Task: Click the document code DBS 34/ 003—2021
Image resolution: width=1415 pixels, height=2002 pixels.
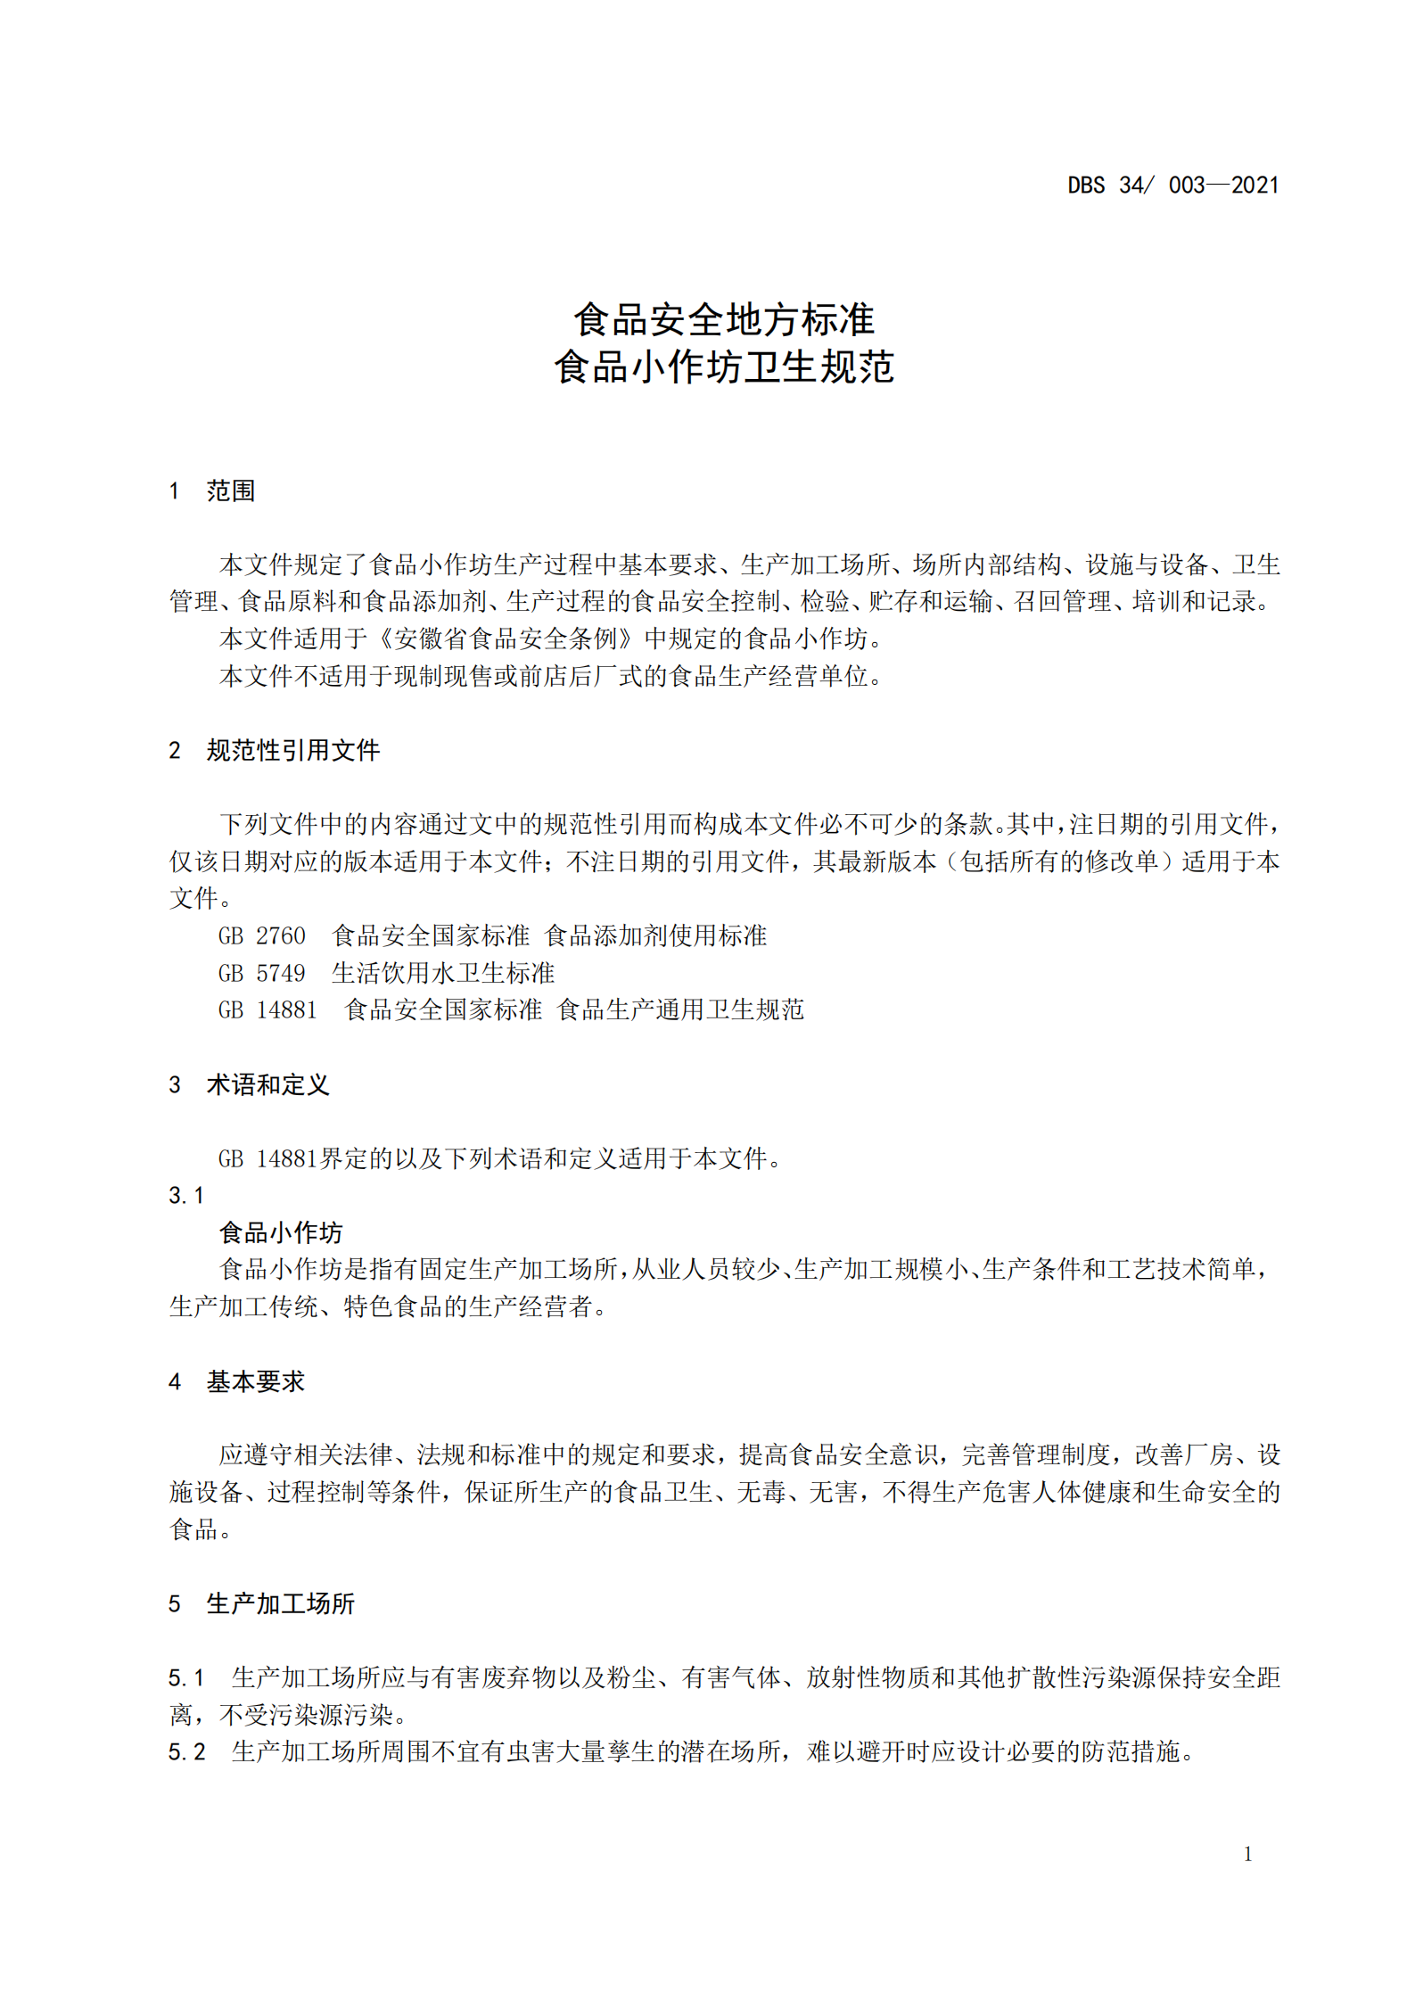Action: click(x=1172, y=185)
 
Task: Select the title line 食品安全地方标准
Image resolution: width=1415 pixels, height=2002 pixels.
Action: click(x=723, y=319)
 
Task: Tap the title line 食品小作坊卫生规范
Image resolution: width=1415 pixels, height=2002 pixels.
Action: click(x=723, y=367)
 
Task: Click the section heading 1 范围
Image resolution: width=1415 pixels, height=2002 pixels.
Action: click(x=212, y=490)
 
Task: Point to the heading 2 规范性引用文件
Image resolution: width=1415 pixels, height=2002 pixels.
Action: click(x=275, y=750)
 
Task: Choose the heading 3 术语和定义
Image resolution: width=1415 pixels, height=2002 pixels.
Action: click(x=249, y=1084)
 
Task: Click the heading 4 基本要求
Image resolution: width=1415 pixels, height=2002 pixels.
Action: click(x=236, y=1381)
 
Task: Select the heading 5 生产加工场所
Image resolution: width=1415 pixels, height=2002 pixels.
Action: click(x=261, y=1603)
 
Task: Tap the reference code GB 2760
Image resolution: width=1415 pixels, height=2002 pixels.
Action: click(x=261, y=935)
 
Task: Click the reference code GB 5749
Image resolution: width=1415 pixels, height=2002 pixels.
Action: click(x=261, y=973)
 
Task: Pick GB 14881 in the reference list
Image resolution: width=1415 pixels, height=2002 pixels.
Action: click(x=267, y=1009)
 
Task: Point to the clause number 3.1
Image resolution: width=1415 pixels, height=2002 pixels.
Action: click(x=185, y=1195)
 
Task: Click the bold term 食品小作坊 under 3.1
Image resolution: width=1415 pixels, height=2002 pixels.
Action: click(x=281, y=1232)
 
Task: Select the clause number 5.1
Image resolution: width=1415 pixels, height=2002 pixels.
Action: click(x=186, y=1677)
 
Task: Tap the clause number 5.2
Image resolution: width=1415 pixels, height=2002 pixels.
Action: click(x=186, y=1751)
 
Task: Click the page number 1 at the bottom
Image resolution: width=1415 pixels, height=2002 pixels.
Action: click(x=1247, y=1854)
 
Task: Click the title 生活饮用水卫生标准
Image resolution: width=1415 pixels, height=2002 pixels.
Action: click(x=443, y=973)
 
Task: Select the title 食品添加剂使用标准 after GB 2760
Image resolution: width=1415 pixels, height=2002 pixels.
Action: click(x=655, y=935)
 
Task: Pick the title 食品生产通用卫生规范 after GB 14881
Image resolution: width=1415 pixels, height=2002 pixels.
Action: click(x=680, y=1009)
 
